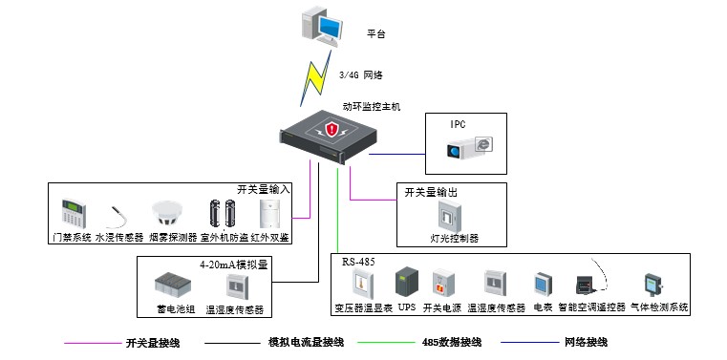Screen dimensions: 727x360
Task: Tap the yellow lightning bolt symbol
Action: tap(315, 77)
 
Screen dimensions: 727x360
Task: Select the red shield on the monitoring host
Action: tap(331, 129)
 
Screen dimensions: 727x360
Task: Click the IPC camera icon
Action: tap(469, 147)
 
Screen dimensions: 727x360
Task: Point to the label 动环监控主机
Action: tap(371, 107)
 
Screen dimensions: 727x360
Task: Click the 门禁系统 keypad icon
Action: tap(74, 213)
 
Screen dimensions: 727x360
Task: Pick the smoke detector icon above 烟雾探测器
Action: tap(167, 212)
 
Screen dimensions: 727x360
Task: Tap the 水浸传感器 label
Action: tap(119, 238)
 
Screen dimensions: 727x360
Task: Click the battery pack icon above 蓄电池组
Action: tap(173, 284)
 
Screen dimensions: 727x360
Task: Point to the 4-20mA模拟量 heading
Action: tap(234, 265)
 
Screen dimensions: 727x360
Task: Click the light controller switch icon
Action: tap(449, 217)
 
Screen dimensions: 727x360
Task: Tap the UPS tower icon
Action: tap(407, 283)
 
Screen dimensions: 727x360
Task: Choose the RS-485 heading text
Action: tap(358, 262)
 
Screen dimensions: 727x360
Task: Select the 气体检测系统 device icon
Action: tap(652, 286)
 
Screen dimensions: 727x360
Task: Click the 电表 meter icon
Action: tap(543, 285)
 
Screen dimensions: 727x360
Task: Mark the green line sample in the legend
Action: tap(386, 343)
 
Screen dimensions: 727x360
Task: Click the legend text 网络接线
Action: tap(586, 343)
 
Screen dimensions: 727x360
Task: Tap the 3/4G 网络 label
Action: tap(361, 75)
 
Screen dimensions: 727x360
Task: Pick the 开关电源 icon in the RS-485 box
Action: tap(442, 284)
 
